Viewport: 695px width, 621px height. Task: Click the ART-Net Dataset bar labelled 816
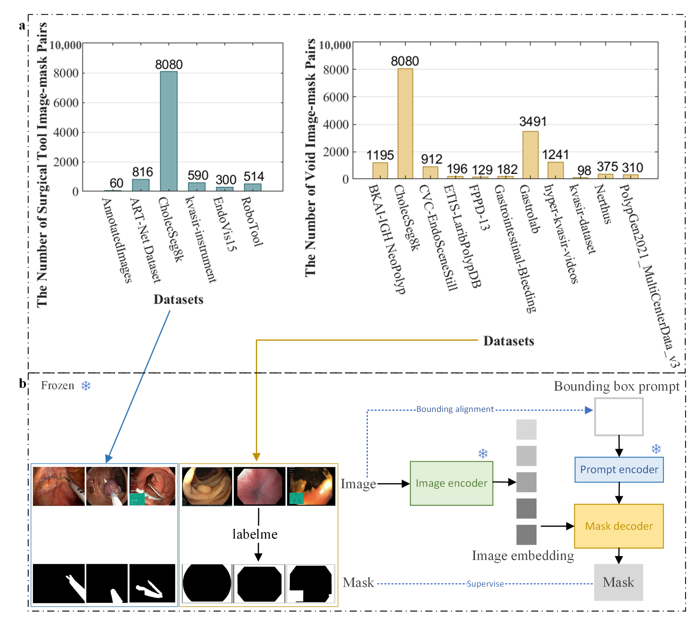[141, 185]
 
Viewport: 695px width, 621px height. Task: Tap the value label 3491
[533, 121]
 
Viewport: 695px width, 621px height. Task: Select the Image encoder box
[451, 483]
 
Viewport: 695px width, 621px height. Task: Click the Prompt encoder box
[619, 470]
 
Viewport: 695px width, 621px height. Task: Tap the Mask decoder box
[619, 526]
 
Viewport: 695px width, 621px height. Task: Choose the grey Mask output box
[618, 582]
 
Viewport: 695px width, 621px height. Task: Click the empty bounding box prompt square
[619, 417]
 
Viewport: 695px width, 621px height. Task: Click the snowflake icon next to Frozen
[86, 386]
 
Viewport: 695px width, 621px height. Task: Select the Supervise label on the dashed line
[485, 584]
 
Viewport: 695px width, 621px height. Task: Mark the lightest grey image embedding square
[526, 429]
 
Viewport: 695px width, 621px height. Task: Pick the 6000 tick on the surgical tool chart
[66, 103]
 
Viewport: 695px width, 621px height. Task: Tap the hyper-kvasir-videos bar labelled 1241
[555, 170]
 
